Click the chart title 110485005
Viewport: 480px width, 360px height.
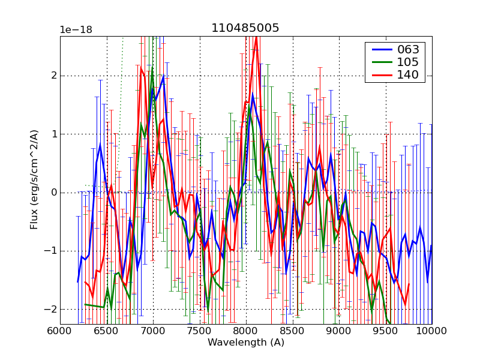pyautogui.click(x=245, y=28)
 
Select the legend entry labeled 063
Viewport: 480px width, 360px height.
pyautogui.click(x=407, y=49)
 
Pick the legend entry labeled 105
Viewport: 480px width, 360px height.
pyautogui.click(x=407, y=62)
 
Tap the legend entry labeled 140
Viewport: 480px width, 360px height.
pyautogui.click(x=407, y=75)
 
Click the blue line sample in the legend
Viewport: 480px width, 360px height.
pyautogui.click(x=380, y=49)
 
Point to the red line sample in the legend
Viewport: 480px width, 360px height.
pyautogui.click(x=380, y=75)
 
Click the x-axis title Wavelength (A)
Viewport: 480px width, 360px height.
pyautogui.click(x=246, y=343)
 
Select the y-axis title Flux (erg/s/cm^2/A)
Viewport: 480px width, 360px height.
pyautogui.click(x=34, y=180)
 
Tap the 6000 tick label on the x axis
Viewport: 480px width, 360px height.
pyautogui.click(x=60, y=331)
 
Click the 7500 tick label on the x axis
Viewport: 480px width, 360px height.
pyautogui.click(x=199, y=331)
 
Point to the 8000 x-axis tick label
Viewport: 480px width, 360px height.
pyautogui.click(x=245, y=331)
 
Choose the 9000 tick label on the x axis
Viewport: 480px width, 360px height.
pyautogui.click(x=338, y=331)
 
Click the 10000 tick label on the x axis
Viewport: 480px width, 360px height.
pyautogui.click(x=431, y=331)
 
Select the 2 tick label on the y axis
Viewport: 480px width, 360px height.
pyautogui.click(x=53, y=76)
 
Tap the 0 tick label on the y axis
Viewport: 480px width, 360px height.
pyautogui.click(x=53, y=193)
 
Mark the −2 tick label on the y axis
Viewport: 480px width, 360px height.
pyautogui.click(x=51, y=309)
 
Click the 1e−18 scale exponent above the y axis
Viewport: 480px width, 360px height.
pyautogui.click(x=76, y=30)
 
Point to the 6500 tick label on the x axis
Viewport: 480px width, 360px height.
pyautogui.click(x=106, y=331)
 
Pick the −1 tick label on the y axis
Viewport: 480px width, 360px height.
pyautogui.click(x=51, y=251)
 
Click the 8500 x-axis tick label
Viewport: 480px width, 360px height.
pyautogui.click(x=292, y=331)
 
